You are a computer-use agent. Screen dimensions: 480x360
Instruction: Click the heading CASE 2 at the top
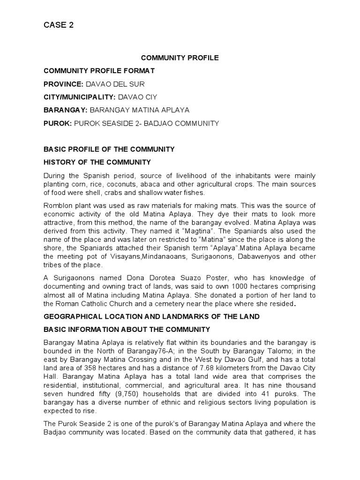[59, 25]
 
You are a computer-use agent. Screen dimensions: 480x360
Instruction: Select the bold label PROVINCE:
[63, 84]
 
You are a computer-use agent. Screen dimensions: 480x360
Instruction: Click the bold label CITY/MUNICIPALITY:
[79, 97]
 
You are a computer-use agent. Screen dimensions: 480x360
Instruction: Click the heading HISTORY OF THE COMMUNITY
[97, 162]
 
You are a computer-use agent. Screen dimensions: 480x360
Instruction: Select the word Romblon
[59, 206]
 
